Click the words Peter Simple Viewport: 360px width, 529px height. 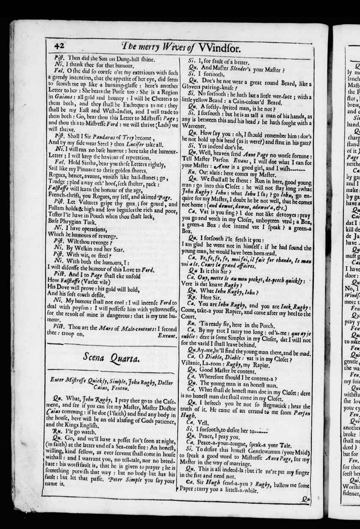point(126,481)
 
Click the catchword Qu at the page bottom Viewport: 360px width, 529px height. point(307,499)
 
